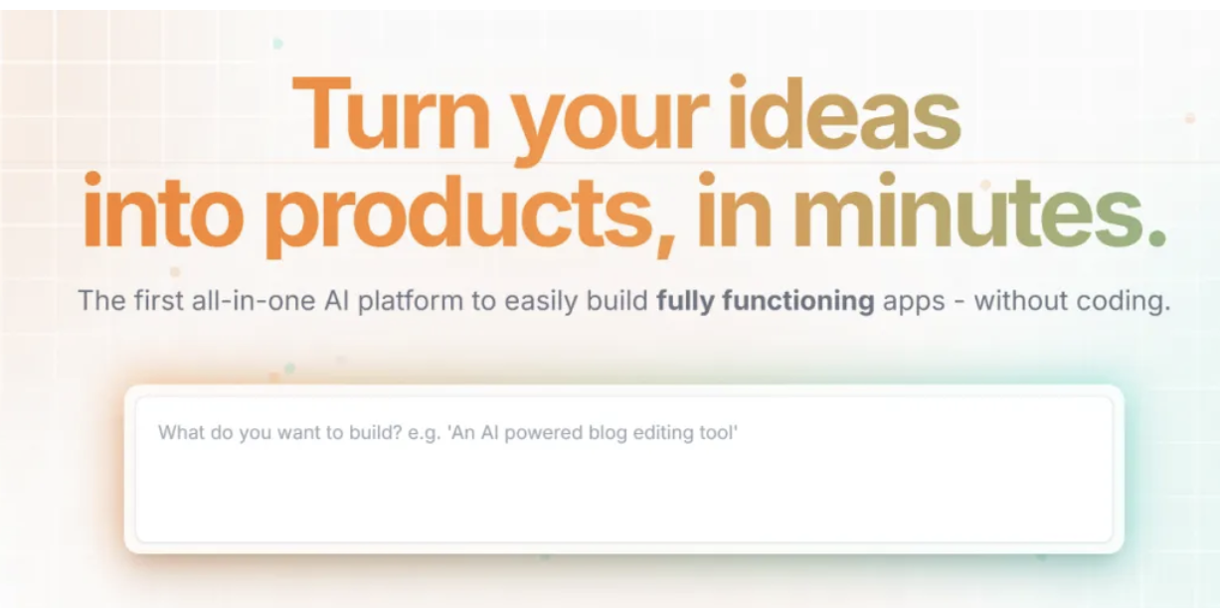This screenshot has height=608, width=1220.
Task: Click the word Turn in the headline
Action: [391, 114]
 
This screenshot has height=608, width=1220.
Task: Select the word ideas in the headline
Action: [845, 112]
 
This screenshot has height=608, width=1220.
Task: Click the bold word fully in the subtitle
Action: [685, 301]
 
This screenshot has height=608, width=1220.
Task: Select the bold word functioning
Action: [797, 301]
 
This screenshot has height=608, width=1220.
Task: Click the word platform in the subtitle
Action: [410, 301]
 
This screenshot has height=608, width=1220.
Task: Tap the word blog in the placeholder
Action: [607, 434]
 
